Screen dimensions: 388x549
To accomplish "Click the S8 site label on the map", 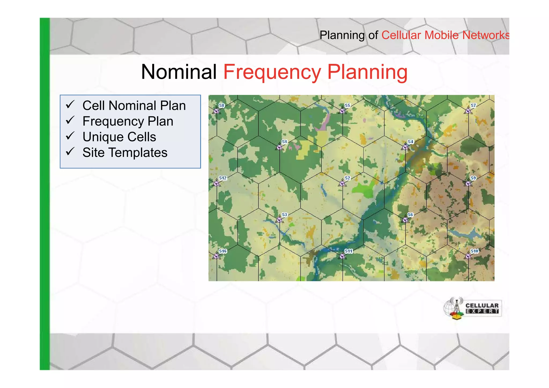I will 221,105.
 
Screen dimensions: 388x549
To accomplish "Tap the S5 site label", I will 347,105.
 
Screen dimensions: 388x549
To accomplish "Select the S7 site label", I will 473,105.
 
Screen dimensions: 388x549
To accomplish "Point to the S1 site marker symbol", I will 279,147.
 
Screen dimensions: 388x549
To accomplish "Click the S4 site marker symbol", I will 405,147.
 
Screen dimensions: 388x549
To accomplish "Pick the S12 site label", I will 223,178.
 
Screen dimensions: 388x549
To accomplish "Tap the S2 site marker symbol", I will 342,184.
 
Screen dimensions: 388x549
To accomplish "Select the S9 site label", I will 473,178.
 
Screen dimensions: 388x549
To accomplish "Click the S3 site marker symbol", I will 279,220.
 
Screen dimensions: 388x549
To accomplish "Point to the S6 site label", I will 410,215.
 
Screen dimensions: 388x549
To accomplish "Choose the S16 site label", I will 223,251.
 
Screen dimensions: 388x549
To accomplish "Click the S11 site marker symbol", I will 342,256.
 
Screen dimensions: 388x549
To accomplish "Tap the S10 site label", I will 474,251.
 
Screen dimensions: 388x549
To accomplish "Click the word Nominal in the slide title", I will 179,72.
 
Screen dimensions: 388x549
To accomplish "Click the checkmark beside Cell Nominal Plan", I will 70,104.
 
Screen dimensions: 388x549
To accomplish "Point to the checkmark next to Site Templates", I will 70,151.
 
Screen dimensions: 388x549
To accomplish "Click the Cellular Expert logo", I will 473,308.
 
